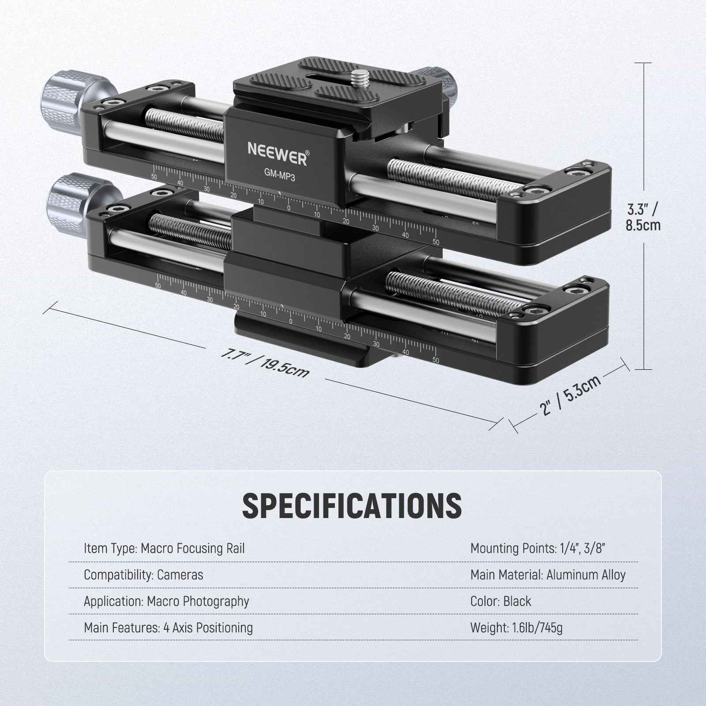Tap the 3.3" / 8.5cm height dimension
[643, 216]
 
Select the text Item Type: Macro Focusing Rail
[164, 548]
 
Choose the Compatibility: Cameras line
[143, 575]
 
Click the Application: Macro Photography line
[166, 601]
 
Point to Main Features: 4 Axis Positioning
[168, 628]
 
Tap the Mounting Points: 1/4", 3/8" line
[537, 548]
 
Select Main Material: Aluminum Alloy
[548, 575]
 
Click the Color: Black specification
[500, 601]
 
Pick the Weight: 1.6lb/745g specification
[516, 628]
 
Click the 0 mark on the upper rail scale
[289, 208]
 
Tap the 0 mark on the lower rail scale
[290, 321]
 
